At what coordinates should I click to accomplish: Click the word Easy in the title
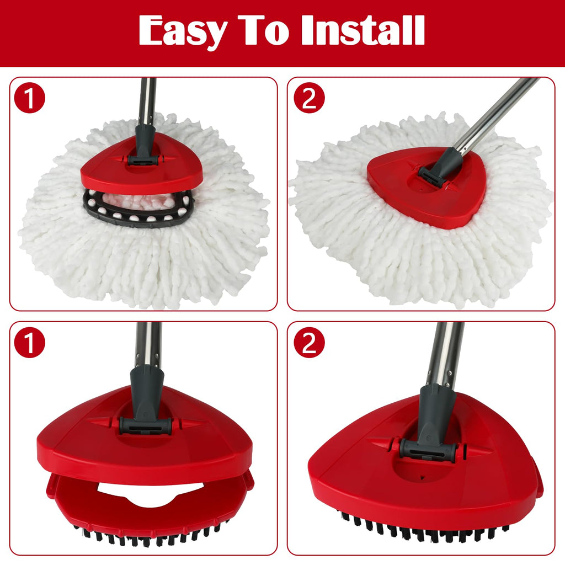tap(183, 31)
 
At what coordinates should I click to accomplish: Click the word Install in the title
tap(363, 30)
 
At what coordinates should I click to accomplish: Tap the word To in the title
tap(264, 30)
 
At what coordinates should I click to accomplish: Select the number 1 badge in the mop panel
tap(30, 98)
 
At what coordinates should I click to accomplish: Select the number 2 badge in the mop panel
tap(309, 98)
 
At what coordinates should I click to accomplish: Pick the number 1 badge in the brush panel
tap(30, 342)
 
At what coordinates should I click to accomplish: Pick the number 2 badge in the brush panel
tap(309, 342)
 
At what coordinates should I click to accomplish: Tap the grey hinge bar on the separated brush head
tap(146, 426)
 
